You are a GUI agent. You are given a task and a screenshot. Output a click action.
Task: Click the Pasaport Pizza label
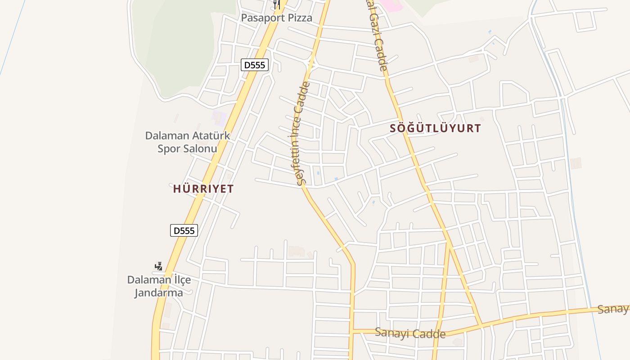pyautogui.click(x=276, y=18)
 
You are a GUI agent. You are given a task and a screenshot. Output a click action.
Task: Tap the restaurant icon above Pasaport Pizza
pyautogui.click(x=277, y=4)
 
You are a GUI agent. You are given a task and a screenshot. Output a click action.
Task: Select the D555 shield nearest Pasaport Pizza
pyautogui.click(x=255, y=65)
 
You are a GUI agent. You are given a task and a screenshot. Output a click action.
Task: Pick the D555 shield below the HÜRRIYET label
pyautogui.click(x=184, y=230)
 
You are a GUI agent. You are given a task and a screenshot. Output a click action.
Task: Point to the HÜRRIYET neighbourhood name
pyautogui.click(x=203, y=189)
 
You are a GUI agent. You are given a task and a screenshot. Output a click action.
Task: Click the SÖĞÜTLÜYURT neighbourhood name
pyautogui.click(x=435, y=128)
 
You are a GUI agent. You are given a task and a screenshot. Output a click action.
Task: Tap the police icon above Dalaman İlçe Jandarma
pyautogui.click(x=158, y=266)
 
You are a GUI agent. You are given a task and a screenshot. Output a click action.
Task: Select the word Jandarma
pyautogui.click(x=159, y=292)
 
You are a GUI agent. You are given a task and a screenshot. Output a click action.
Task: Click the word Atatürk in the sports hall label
pyautogui.click(x=211, y=135)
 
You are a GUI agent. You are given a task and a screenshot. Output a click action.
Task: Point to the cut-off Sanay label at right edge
pyautogui.click(x=613, y=309)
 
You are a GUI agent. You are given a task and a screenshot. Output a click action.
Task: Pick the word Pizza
pyautogui.click(x=299, y=18)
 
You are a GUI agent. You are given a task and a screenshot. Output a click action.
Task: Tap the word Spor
pyautogui.click(x=168, y=148)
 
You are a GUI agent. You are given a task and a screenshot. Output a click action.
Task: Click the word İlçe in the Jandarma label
pyautogui.click(x=179, y=280)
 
